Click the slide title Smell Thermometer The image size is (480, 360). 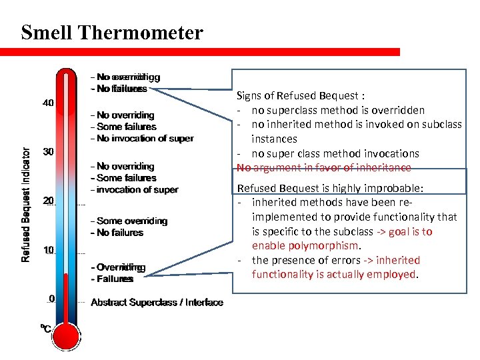point(111,33)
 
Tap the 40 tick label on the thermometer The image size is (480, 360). point(49,103)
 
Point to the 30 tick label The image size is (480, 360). point(49,152)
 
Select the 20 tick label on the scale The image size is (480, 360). point(49,201)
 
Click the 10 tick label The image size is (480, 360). point(49,250)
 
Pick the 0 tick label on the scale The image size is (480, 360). point(51,298)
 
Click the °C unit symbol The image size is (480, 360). point(45,328)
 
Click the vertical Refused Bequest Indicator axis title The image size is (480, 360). point(26,205)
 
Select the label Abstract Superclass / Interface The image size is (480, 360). point(157,303)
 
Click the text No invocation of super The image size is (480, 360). point(145,138)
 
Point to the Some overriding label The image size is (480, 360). point(132,221)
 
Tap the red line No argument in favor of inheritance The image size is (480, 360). point(325,167)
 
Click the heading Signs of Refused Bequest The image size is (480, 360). point(301,95)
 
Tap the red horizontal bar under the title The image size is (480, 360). point(200,51)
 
